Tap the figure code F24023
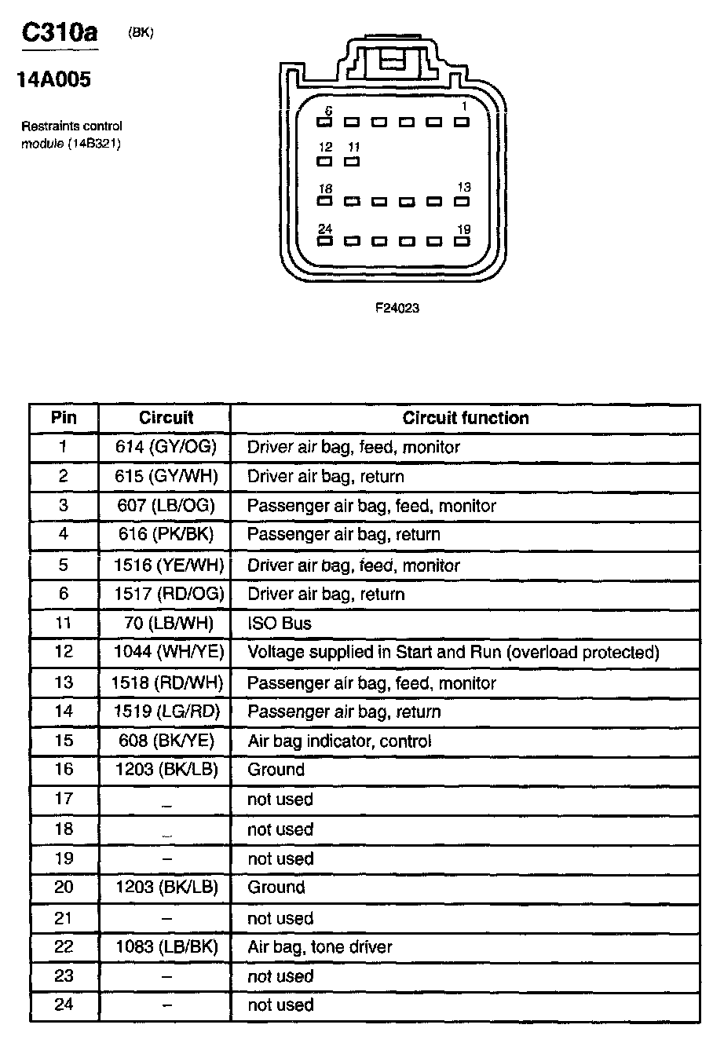click(x=397, y=308)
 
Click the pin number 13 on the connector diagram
click(x=464, y=188)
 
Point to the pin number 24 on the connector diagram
click(x=325, y=229)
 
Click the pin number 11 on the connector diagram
click(x=353, y=147)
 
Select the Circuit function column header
click(x=465, y=418)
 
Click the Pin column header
click(x=64, y=418)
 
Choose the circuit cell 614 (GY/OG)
click(x=166, y=447)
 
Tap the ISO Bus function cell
click(x=279, y=624)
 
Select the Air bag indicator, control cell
click(x=339, y=741)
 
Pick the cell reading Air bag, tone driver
click(x=320, y=947)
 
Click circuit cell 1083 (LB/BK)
click(x=166, y=947)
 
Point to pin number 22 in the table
click(x=64, y=947)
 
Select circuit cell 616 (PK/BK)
click(x=165, y=535)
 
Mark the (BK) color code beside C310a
click(x=140, y=32)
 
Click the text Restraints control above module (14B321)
click(x=71, y=126)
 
